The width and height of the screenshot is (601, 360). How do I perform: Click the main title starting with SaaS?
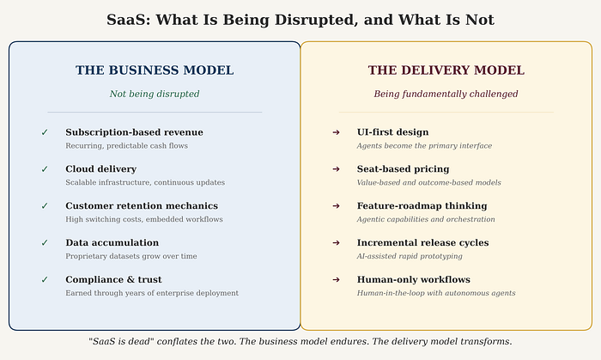click(x=300, y=19)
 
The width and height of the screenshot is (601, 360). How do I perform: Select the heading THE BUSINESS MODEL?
click(x=155, y=70)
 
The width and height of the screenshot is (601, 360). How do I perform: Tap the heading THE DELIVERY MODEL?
click(x=446, y=70)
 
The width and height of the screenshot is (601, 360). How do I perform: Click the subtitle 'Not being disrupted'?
click(x=155, y=94)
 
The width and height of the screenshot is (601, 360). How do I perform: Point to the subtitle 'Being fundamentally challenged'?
click(x=446, y=94)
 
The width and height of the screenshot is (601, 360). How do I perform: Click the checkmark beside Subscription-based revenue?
click(x=45, y=132)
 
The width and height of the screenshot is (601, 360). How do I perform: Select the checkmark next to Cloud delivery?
click(x=45, y=169)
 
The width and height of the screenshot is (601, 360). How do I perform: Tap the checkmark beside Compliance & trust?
click(x=45, y=279)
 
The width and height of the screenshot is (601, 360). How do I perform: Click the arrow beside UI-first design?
click(x=336, y=132)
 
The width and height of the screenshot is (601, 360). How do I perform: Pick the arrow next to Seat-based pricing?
click(x=336, y=169)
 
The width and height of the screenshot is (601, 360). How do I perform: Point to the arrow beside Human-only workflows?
click(x=336, y=279)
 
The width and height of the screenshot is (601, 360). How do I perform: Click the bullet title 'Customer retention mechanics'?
click(x=142, y=206)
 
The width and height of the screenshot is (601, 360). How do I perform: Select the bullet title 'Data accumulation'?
click(x=112, y=242)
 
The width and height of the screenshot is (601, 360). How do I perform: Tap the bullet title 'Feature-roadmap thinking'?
click(x=422, y=206)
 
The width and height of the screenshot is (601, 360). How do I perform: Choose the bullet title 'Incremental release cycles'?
click(x=422, y=242)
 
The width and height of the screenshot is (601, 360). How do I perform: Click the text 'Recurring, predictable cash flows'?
click(x=126, y=146)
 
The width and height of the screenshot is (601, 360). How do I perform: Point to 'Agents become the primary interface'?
click(x=424, y=146)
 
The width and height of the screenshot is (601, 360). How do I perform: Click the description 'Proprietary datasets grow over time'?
click(x=131, y=256)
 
